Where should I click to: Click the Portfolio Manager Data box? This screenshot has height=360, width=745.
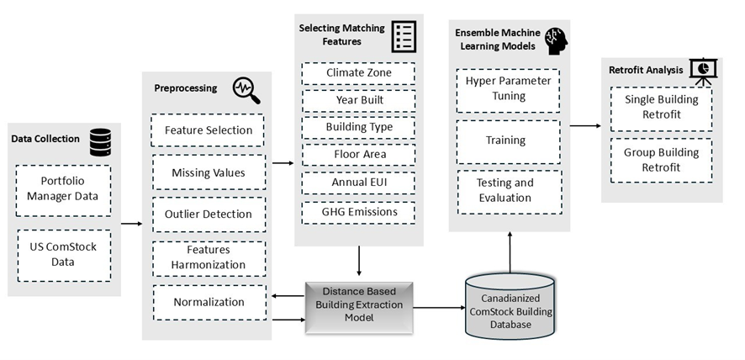pyautogui.click(x=64, y=190)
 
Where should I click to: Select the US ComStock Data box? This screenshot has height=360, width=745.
pyautogui.click(x=64, y=255)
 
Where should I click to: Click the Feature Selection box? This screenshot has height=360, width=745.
pyautogui.click(x=208, y=130)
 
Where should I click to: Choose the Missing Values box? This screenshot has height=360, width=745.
pyautogui.click(x=208, y=172)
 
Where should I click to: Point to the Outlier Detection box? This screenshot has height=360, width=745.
pyautogui.click(x=208, y=214)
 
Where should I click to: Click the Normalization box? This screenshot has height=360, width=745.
pyautogui.click(x=208, y=302)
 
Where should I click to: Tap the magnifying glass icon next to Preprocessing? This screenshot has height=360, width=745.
pyautogui.click(x=245, y=87)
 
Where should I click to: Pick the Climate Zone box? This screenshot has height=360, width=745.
pyautogui.click(x=359, y=73)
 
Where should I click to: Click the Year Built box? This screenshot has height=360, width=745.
pyautogui.click(x=359, y=100)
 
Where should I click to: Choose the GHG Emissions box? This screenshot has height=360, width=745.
pyautogui.click(x=359, y=212)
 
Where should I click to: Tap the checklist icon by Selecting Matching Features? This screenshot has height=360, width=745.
pyautogui.click(x=404, y=35)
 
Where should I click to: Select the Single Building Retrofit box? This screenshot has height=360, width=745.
pyautogui.click(x=662, y=109)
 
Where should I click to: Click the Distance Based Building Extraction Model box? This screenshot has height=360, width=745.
pyautogui.click(x=360, y=307)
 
